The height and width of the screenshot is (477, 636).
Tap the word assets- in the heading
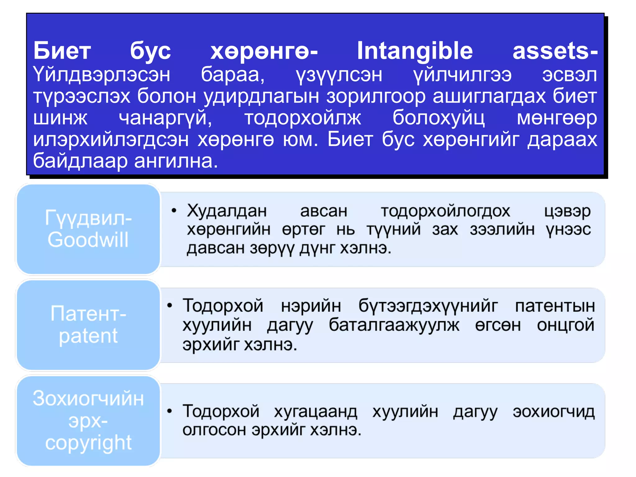(x=555, y=51)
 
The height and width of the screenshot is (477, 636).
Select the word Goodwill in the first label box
(x=88, y=240)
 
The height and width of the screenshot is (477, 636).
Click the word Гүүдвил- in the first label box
(x=88, y=218)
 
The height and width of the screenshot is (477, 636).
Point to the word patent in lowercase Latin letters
(x=88, y=336)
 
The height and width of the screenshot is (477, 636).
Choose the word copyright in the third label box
(x=88, y=443)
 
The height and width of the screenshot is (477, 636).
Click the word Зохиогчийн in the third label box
(x=88, y=398)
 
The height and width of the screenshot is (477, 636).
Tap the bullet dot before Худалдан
(x=174, y=211)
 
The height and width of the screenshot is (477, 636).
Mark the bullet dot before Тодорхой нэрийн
(x=170, y=306)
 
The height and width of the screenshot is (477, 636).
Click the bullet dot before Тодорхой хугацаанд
(x=170, y=411)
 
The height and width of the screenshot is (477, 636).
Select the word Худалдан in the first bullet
(x=227, y=211)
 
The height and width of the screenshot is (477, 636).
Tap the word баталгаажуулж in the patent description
(x=394, y=325)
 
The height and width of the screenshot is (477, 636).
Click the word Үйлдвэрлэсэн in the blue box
(x=102, y=75)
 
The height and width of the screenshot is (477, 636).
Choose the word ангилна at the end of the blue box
(x=176, y=161)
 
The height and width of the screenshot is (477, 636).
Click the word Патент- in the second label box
(x=88, y=314)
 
